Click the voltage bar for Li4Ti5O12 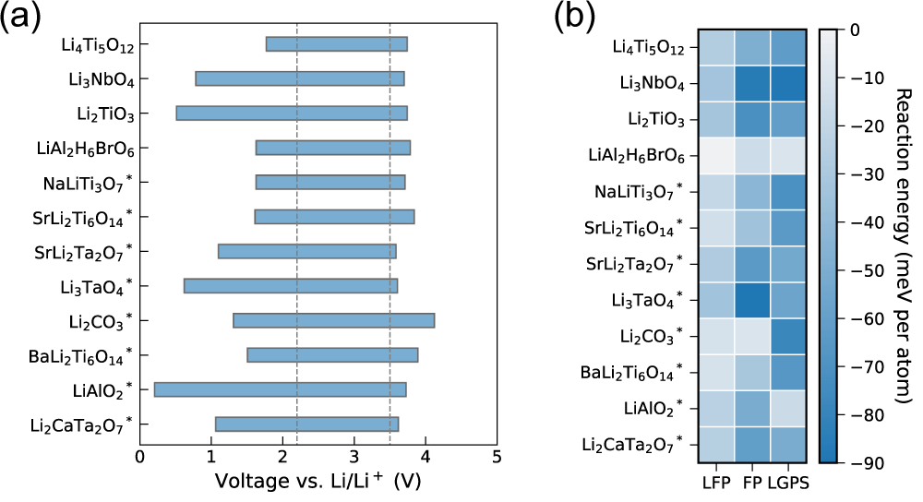coord(336,44)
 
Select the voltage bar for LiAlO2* coord(280,389)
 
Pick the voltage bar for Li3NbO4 coord(299,78)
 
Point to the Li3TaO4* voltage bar coord(291,286)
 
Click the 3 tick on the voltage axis coord(354,457)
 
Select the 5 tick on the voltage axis coord(497,457)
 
